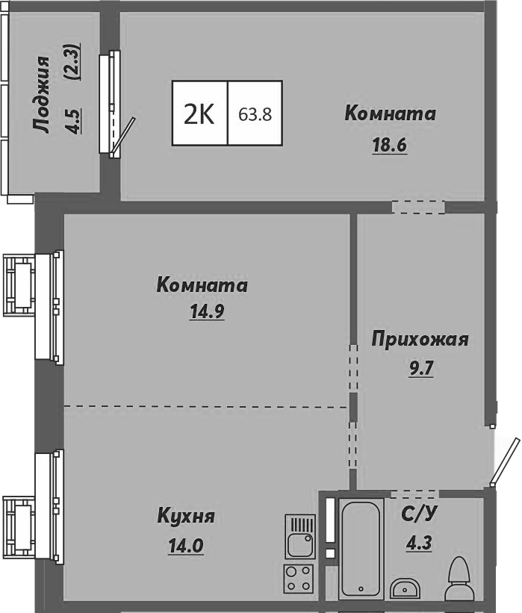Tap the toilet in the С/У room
(x=457, y=580)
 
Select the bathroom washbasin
(x=406, y=587)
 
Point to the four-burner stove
(x=299, y=578)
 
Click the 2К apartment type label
(x=199, y=114)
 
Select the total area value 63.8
(x=255, y=115)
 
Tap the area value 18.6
(x=389, y=146)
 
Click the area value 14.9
(x=208, y=312)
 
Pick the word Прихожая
(x=420, y=340)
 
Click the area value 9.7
(x=420, y=367)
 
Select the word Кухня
(x=186, y=516)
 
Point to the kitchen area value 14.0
(x=186, y=545)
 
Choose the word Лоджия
(x=43, y=95)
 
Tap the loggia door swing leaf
(x=124, y=136)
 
